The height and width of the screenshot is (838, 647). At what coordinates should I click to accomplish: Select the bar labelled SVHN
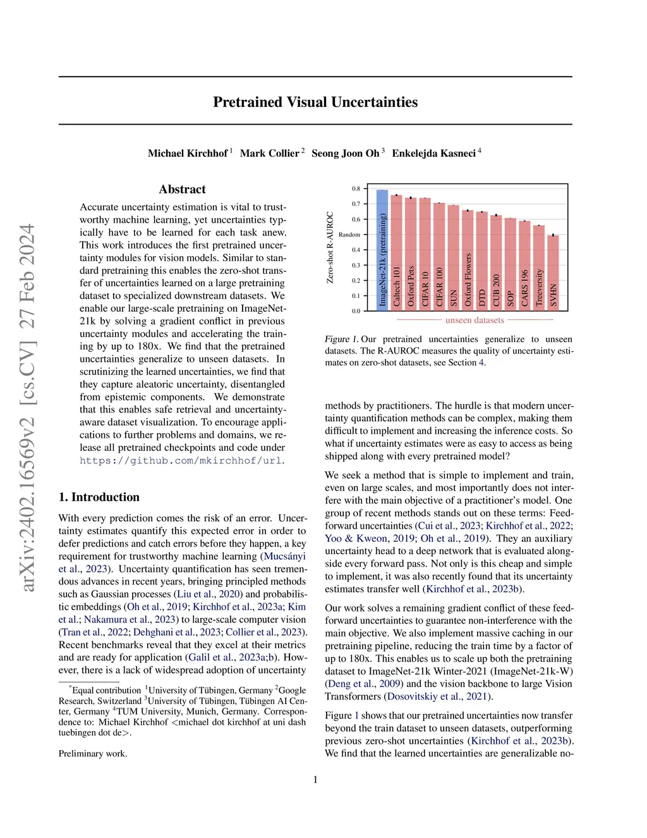[553, 273]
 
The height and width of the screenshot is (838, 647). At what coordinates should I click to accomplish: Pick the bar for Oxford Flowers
[468, 260]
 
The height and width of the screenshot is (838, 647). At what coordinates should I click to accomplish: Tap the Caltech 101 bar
[396, 252]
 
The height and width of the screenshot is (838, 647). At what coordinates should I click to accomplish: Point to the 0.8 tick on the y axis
[356, 188]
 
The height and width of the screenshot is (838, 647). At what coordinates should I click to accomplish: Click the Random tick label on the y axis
[349, 235]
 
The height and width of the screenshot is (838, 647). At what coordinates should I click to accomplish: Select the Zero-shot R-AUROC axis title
[330, 247]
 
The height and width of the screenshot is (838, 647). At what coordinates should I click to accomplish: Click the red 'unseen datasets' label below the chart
[475, 321]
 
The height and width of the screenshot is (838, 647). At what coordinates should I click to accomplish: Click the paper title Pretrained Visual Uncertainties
[315, 102]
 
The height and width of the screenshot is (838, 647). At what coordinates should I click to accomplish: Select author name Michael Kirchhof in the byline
[188, 153]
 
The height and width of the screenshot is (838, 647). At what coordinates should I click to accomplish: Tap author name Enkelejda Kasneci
[433, 153]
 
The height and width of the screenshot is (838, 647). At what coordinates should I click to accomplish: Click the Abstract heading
[182, 189]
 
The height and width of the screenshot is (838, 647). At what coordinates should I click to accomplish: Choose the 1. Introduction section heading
[99, 497]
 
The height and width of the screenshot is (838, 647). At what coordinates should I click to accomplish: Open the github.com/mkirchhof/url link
[181, 460]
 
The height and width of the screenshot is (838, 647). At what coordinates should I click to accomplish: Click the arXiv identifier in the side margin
[28, 408]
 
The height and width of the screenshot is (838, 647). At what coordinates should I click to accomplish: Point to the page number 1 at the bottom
[315, 780]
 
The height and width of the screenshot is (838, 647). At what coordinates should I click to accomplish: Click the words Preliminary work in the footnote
[93, 753]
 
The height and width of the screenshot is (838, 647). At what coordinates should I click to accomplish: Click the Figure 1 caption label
[341, 339]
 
